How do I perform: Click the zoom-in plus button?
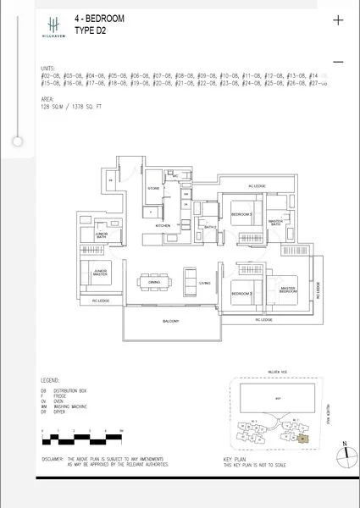(x=339, y=20)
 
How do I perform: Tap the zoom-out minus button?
(x=339, y=62)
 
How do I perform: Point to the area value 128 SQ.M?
(x=53, y=109)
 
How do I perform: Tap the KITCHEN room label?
(x=163, y=226)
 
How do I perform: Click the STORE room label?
(x=153, y=188)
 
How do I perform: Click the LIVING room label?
(x=205, y=284)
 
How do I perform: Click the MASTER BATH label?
(x=276, y=222)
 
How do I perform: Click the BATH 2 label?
(x=211, y=227)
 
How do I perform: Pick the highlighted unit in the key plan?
(x=302, y=438)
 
